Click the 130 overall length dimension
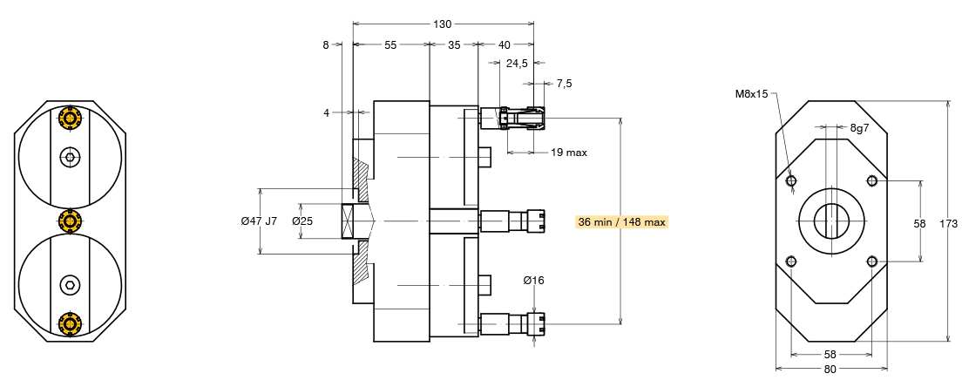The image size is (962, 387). pos(443,24)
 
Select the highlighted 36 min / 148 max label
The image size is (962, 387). pos(621,221)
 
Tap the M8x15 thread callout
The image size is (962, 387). pos(751,94)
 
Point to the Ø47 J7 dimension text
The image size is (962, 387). pos(259,221)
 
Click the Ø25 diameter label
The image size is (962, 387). pos(302,221)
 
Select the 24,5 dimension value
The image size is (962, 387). pos(518,63)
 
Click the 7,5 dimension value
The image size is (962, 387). pos(565,84)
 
